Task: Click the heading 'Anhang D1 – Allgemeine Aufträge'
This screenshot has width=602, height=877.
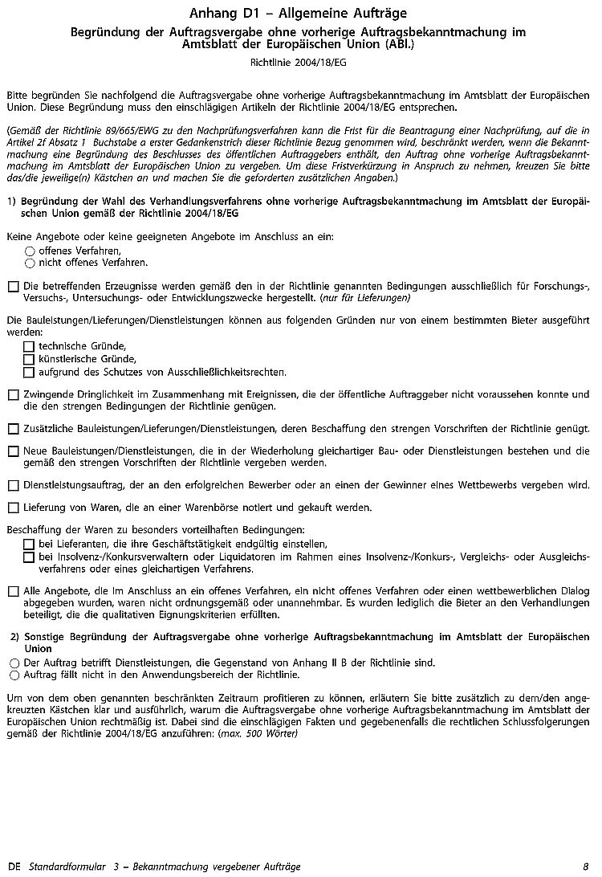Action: [x=299, y=13]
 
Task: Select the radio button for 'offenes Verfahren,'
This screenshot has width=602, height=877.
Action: [x=30, y=251]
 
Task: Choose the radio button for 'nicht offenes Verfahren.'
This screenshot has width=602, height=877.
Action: [x=30, y=263]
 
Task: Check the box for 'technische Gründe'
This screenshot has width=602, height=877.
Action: [x=29, y=346]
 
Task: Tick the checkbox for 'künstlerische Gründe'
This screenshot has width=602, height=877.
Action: [x=29, y=359]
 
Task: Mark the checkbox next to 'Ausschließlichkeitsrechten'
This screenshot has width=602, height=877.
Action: [x=29, y=373]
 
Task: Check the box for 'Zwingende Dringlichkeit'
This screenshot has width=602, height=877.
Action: [x=13, y=395]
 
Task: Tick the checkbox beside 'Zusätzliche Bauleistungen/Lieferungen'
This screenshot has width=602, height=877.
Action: [x=13, y=429]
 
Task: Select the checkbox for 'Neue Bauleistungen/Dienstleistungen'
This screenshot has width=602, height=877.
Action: [x=13, y=451]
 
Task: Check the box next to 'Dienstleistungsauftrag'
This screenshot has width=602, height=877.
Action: [x=13, y=485]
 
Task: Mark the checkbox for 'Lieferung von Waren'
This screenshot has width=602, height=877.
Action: [x=13, y=508]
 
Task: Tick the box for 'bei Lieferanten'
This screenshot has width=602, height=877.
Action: [x=29, y=545]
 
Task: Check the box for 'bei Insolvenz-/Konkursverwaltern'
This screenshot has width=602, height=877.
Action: [x=29, y=557]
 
